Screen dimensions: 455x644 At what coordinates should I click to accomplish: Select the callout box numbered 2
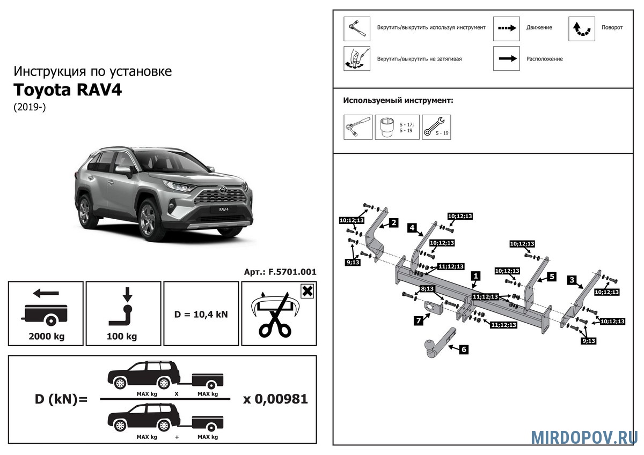(393, 222)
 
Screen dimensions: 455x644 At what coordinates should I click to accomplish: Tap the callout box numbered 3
(572, 280)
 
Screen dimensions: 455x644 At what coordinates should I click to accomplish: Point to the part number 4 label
(412, 227)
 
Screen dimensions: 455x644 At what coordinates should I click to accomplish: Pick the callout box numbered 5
(551, 277)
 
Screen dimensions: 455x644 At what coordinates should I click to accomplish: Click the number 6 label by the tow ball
(464, 349)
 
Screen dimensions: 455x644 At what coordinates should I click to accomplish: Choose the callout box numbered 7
(418, 320)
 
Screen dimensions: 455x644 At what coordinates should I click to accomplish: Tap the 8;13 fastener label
(428, 289)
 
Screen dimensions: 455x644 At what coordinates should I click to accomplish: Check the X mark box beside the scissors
(307, 292)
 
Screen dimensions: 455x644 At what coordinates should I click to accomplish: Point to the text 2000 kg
(46, 337)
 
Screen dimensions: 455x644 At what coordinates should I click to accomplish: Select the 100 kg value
(123, 337)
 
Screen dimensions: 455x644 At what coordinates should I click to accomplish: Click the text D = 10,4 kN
(201, 314)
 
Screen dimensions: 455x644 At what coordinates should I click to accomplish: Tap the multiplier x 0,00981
(275, 399)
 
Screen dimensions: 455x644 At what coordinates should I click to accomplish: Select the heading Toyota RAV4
(68, 89)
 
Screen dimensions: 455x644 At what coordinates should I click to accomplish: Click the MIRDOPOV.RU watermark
(584, 437)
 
